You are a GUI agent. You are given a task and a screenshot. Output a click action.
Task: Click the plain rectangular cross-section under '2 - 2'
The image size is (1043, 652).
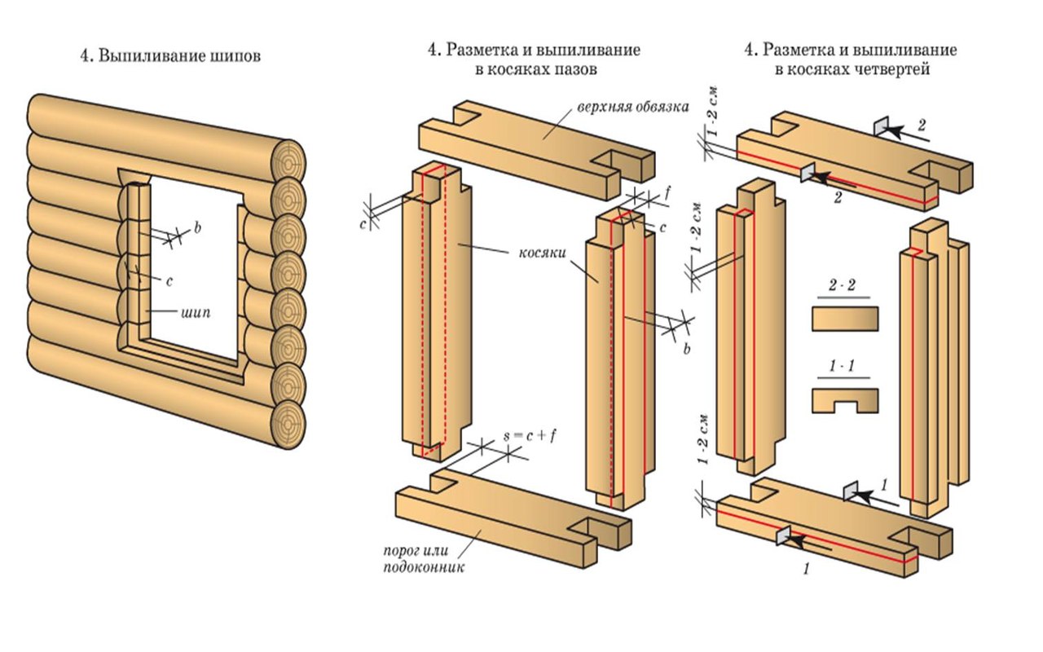coord(845,318)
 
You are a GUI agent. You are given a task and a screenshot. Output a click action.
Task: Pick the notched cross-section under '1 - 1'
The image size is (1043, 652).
coord(845,399)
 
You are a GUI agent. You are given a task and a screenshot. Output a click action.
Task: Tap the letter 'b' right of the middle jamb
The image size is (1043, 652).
coord(686,350)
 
